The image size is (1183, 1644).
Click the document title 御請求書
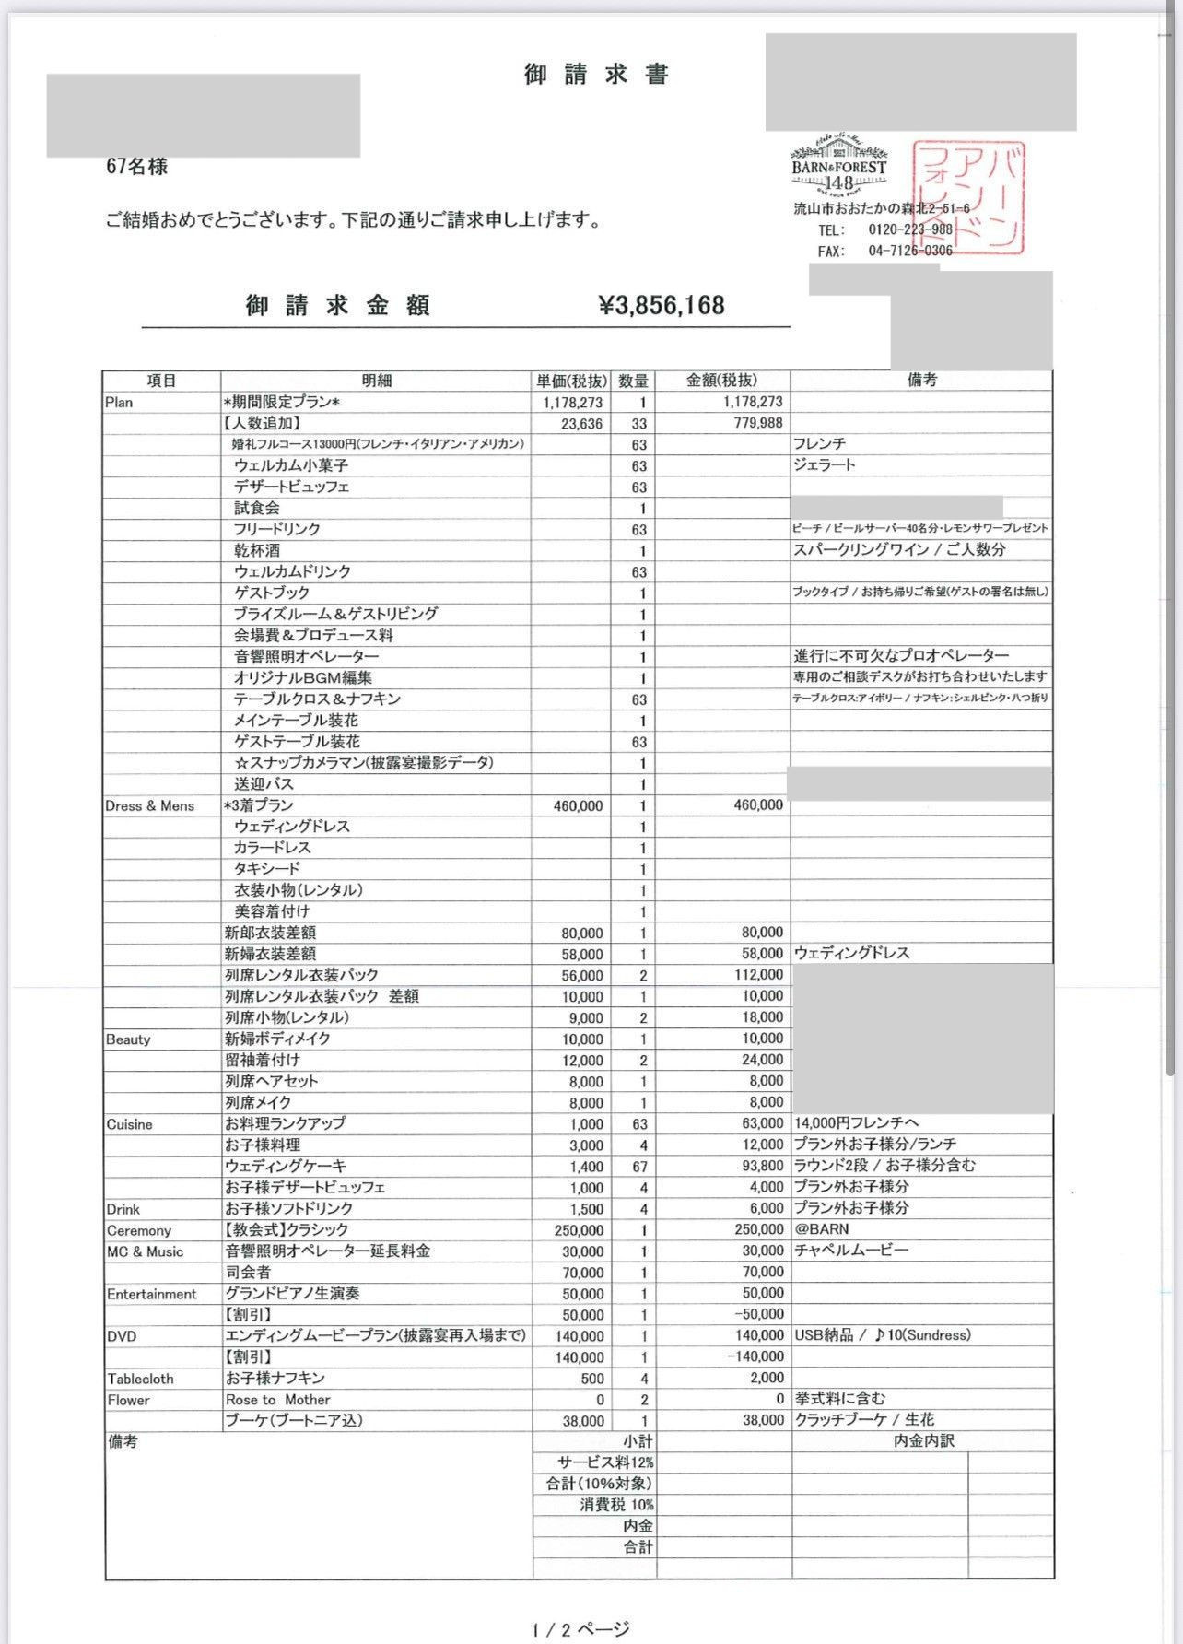click(x=597, y=75)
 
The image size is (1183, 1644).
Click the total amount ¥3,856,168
click(x=662, y=305)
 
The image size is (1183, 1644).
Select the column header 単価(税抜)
click(x=572, y=381)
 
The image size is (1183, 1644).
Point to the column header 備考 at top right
click(x=921, y=381)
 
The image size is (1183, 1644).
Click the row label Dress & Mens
click(x=150, y=806)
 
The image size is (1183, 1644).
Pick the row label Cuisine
click(x=130, y=1124)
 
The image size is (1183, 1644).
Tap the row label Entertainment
click(x=152, y=1294)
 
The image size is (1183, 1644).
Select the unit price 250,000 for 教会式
click(x=579, y=1230)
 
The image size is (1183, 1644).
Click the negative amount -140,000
click(x=755, y=1357)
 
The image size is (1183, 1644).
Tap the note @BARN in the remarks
click(x=821, y=1229)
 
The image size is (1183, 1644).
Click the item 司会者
click(x=248, y=1273)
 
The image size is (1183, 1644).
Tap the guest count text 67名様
click(x=137, y=167)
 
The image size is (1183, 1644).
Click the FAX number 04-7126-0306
click(x=909, y=251)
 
